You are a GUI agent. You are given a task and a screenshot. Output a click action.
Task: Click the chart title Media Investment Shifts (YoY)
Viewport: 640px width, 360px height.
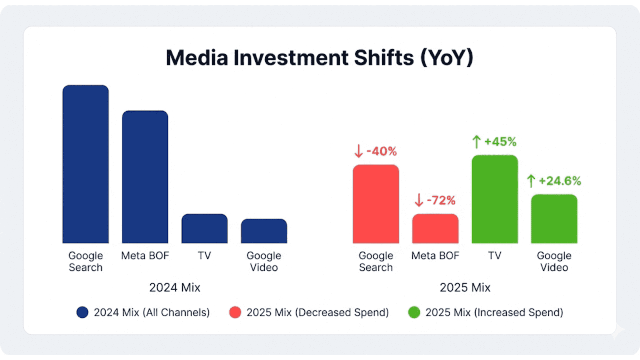(320, 58)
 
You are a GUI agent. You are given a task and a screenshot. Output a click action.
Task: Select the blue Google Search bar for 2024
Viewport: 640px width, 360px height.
(86, 164)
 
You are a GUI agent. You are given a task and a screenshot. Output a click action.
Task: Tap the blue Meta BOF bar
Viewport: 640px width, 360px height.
(145, 177)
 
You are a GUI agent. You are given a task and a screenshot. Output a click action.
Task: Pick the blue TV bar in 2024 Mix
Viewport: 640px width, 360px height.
(204, 229)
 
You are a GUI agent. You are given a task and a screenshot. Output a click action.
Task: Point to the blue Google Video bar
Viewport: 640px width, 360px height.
(264, 231)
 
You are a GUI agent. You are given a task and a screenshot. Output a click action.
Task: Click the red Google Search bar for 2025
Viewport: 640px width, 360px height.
(376, 204)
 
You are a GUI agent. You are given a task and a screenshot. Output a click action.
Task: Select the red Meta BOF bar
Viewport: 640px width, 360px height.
(435, 229)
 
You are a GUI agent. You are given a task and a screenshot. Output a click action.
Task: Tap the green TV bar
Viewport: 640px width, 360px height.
(495, 199)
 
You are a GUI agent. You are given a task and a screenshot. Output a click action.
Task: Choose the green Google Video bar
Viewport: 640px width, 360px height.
(554, 219)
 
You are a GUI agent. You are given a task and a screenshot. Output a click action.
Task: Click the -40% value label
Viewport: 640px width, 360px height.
(382, 151)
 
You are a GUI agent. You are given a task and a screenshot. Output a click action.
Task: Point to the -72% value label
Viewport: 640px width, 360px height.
(441, 200)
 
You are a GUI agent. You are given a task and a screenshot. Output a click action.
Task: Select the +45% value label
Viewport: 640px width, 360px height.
(500, 142)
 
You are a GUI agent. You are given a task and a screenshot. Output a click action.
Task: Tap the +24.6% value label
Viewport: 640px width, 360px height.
(560, 181)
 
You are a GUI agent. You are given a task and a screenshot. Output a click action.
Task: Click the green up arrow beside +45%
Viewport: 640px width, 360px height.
(476, 142)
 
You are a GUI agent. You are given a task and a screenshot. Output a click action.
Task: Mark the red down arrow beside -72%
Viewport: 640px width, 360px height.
(419, 200)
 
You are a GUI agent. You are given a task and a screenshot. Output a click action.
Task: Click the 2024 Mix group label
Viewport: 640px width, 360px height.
(174, 287)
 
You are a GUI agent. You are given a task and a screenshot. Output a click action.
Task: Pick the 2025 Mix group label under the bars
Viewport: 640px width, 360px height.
(465, 287)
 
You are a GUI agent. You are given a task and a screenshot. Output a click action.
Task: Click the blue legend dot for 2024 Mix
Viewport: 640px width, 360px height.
(82, 312)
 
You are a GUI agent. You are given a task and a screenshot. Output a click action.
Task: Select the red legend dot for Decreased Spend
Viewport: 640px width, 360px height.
(235, 312)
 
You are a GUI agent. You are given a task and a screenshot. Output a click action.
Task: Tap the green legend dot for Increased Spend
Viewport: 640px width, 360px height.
(414, 312)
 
